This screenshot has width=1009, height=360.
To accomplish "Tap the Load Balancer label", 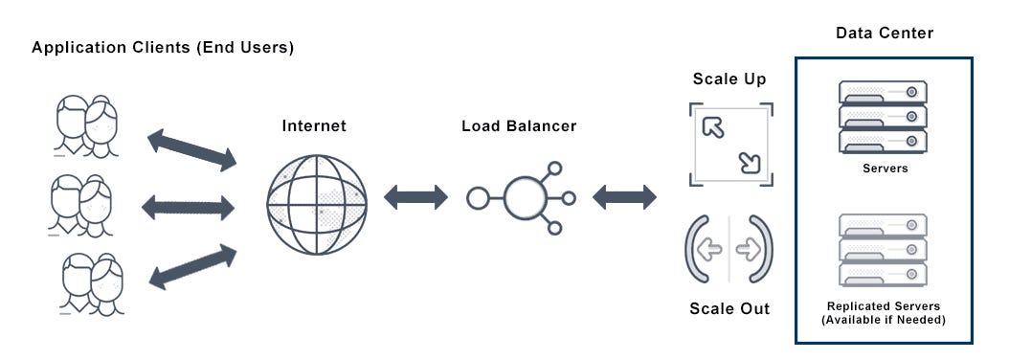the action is pos(519,126).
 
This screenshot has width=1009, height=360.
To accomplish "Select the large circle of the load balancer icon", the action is pos(524,197).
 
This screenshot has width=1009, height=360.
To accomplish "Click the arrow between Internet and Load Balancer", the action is pos(415,197).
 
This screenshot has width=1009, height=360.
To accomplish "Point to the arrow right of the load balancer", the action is pos(624,197).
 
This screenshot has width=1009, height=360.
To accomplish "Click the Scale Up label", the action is pos(729,79).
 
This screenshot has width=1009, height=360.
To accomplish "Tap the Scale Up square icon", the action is pos(730,145).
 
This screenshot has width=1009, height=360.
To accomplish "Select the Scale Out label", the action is pos(729,309).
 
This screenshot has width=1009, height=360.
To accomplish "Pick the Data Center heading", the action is pos(884,34).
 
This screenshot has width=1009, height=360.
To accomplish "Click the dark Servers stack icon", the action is pos(884,117).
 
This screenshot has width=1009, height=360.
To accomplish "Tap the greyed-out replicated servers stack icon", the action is pos(884,249).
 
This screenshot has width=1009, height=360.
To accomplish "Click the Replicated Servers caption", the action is pos(884,312).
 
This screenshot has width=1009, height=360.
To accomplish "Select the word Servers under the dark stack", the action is pos(884,169).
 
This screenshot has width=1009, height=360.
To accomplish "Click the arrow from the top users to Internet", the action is pos(191,151).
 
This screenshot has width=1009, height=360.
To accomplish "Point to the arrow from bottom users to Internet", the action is pos(192,266).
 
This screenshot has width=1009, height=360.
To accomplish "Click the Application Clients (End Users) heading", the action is pos(163,47).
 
